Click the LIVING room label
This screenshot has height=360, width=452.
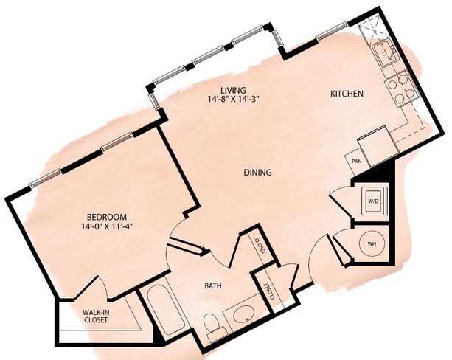(x=234, y=90)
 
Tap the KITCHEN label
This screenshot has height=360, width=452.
(x=347, y=94)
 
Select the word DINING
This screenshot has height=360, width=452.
(x=258, y=173)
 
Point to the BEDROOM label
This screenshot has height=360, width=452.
(x=107, y=216)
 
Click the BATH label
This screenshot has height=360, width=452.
(x=213, y=286)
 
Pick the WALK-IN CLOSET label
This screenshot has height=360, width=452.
(x=96, y=316)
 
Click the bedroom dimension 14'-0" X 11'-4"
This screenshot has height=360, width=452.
(x=107, y=226)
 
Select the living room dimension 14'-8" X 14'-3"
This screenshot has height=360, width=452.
(x=234, y=100)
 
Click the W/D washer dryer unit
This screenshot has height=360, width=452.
(x=373, y=201)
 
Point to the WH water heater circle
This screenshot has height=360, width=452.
(x=372, y=243)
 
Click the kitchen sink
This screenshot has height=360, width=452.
(x=385, y=54)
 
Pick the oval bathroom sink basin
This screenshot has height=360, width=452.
(x=243, y=315)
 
